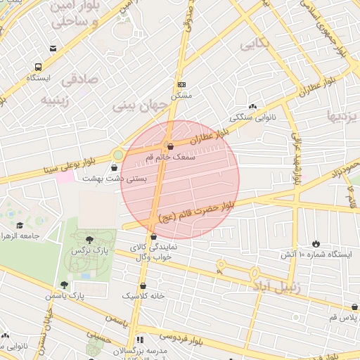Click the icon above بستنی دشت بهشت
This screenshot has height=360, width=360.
115,167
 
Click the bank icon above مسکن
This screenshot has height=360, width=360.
181,83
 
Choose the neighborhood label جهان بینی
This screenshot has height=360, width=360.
143,106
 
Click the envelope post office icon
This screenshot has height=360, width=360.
53,49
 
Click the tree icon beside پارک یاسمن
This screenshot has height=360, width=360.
64,285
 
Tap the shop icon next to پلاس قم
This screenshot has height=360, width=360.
354,307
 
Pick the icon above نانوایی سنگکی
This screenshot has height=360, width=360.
252,105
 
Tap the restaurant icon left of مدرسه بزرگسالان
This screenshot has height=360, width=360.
140,339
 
